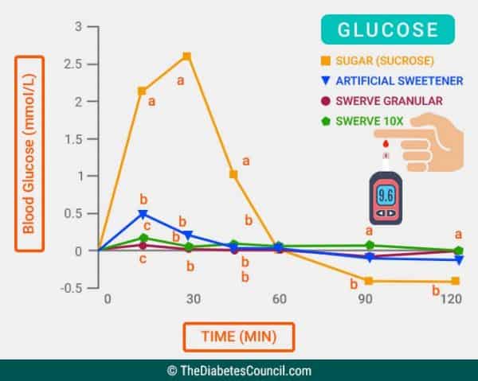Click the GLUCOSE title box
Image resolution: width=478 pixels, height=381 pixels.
coord(388,30)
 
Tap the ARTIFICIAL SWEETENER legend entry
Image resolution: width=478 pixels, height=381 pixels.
coord(385,80)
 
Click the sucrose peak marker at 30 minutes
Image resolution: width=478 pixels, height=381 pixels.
coord(186,56)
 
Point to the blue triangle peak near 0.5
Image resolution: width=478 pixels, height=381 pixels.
coord(143,214)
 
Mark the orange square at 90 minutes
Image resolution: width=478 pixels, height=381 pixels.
coord(369,281)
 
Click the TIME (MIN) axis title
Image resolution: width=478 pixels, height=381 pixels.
coord(239,336)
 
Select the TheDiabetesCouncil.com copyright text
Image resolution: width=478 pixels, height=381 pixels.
coord(239,370)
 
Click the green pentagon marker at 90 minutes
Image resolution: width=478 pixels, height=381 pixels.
coord(370,246)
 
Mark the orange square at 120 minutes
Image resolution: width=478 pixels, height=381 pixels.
coord(456,281)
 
